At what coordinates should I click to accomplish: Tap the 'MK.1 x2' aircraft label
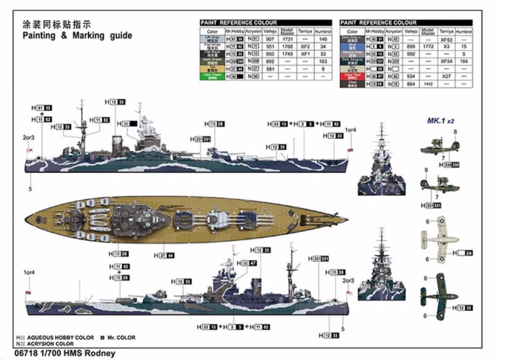coord(440,121)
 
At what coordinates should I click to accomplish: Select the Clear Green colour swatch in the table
coord(212,76)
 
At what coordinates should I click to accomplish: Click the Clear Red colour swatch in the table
coord(352,76)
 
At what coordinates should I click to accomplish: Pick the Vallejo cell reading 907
coord(270,39)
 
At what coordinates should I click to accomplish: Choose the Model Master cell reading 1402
coord(428,84)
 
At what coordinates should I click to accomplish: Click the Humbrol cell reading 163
coord(323,61)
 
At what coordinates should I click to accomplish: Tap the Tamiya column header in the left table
coord(305,32)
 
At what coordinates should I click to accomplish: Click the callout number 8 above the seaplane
coord(455,132)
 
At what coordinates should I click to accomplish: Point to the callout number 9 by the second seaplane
coord(426,170)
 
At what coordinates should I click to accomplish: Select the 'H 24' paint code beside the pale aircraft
coord(463,253)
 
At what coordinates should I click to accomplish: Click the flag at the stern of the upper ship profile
coord(30,151)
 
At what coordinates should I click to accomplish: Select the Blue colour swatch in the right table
coord(352,47)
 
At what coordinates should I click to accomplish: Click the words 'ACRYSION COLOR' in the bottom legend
coord(50,344)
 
